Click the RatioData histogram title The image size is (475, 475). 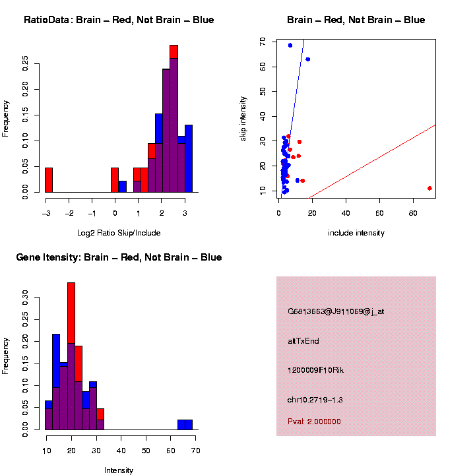(x=119, y=20)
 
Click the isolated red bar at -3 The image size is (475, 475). (x=49, y=180)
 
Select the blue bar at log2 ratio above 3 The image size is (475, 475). (x=189, y=158)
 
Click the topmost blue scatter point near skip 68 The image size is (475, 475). (x=290, y=46)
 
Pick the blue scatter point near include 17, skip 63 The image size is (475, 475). (x=307, y=59)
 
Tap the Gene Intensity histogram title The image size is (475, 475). (x=119, y=257)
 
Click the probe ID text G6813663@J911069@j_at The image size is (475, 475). (x=336, y=311)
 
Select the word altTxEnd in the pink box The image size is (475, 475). (x=303, y=341)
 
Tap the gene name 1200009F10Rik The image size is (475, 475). (x=315, y=370)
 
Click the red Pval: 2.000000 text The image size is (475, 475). (x=314, y=421)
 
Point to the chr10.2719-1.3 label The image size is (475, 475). (x=315, y=400)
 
